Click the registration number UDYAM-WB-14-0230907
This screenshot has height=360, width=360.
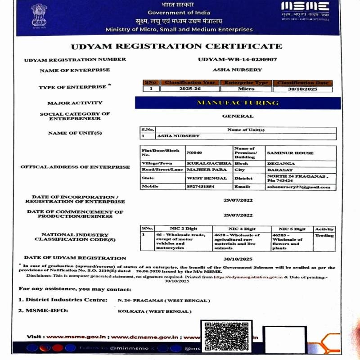coord(237,59)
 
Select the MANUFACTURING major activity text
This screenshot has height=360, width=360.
coord(238,103)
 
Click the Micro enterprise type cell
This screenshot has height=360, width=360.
coord(246,89)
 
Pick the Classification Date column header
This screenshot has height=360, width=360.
coord(303,83)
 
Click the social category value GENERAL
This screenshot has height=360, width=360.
coord(238,116)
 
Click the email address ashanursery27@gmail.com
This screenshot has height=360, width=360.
coord(298,187)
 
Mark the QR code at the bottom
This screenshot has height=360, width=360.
coord(224,337)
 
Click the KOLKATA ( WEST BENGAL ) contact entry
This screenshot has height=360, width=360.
coord(154,311)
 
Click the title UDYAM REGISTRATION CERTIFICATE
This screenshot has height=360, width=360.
coord(176,46)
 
